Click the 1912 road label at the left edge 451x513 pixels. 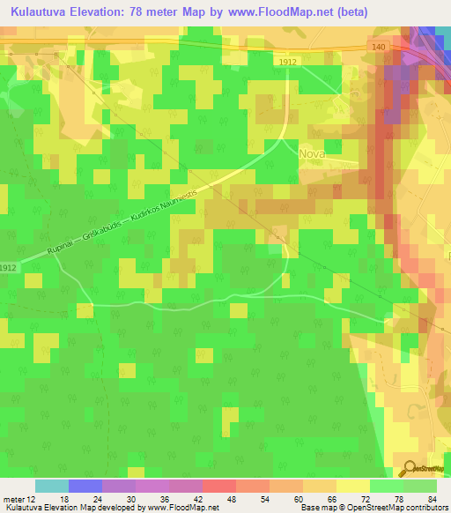click(x=8, y=268)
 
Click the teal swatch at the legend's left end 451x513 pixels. click(x=52, y=486)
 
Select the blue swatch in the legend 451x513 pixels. click(x=85, y=486)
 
